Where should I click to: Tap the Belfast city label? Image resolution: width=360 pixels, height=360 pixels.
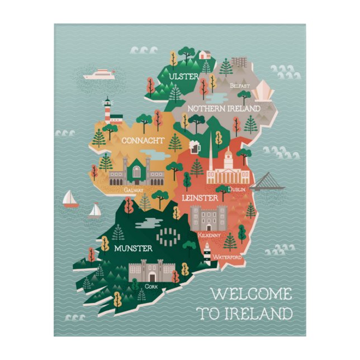coord(240,86)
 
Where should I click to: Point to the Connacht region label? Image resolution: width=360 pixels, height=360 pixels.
coord(143,140)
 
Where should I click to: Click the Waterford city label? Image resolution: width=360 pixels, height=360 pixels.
coord(226,257)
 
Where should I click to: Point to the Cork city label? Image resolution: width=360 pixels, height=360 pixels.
coord(151,286)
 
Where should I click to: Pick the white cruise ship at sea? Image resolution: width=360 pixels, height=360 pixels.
coord(99,74)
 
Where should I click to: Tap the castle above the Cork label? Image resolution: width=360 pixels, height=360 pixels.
coord(150,271)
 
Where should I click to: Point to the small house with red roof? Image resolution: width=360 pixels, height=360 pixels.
coord(205,55)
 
